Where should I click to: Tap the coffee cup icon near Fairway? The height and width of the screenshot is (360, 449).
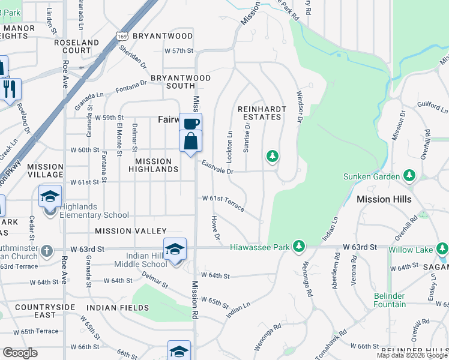190,124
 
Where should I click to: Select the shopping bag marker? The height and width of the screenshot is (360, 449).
190,142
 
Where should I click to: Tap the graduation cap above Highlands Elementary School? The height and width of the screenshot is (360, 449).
50,196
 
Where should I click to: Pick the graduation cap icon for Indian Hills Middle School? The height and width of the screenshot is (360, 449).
175,248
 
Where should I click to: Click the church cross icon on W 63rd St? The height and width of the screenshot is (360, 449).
47,250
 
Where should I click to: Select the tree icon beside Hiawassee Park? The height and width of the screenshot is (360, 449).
298,247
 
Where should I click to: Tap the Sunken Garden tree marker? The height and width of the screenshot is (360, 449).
409,176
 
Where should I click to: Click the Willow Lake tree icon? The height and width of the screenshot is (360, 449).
442,247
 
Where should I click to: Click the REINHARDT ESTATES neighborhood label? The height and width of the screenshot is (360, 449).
259,113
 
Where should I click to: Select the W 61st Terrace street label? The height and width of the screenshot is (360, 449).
223,202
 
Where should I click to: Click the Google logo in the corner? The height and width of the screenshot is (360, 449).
20,353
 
